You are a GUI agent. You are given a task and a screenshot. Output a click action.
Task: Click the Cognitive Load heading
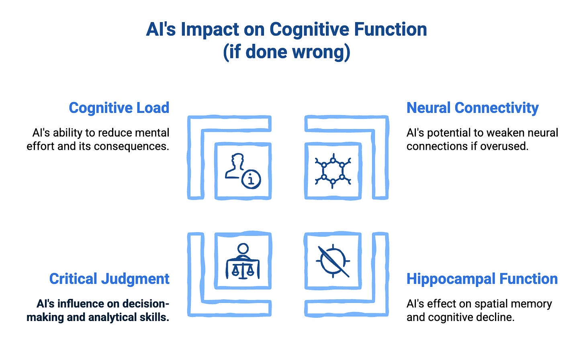point(119,108)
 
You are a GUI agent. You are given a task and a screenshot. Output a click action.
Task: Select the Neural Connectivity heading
point(472,108)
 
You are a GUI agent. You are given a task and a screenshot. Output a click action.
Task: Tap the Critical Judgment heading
point(109,279)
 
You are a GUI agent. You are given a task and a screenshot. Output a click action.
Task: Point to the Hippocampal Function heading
point(482,279)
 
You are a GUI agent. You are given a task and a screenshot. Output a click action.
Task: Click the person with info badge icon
point(243,171)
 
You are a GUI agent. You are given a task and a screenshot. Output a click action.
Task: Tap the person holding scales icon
point(243,261)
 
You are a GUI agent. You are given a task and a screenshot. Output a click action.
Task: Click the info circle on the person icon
point(251,179)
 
